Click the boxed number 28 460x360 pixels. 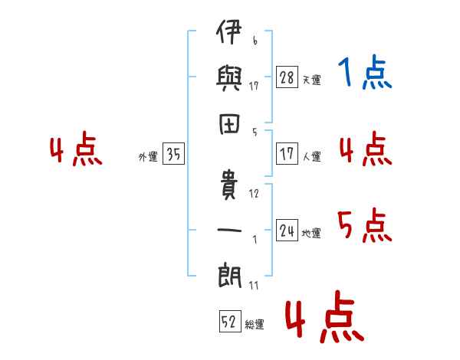(287, 77)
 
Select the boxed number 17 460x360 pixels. (287, 154)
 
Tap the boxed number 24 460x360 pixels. (287, 231)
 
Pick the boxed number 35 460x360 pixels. (173, 155)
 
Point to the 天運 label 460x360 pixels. (311, 80)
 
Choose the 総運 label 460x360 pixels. (255, 324)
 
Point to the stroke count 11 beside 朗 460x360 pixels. (254, 285)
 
